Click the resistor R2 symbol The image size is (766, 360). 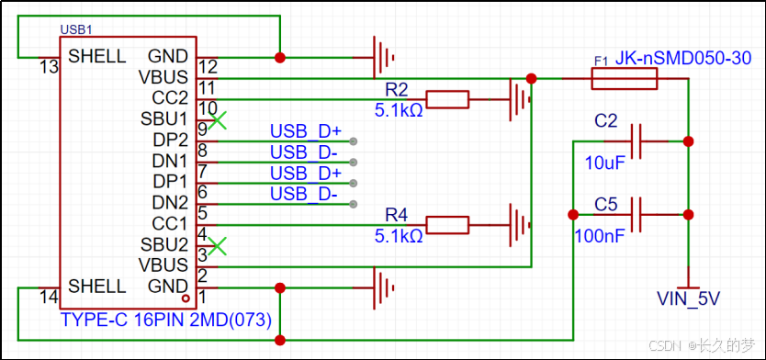point(447,99)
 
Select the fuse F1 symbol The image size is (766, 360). point(624,80)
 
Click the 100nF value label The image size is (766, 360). point(600,237)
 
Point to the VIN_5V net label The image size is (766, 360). point(689,298)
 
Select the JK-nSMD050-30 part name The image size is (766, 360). point(683,59)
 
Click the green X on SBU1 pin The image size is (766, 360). point(218,119)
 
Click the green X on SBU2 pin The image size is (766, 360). point(218,244)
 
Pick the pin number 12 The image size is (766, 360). point(208,67)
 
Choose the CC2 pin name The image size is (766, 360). point(170,98)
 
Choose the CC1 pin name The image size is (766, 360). point(170,223)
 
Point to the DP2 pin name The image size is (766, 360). point(170,140)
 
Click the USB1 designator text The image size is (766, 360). point(77,30)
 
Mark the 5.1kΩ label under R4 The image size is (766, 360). point(399,236)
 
